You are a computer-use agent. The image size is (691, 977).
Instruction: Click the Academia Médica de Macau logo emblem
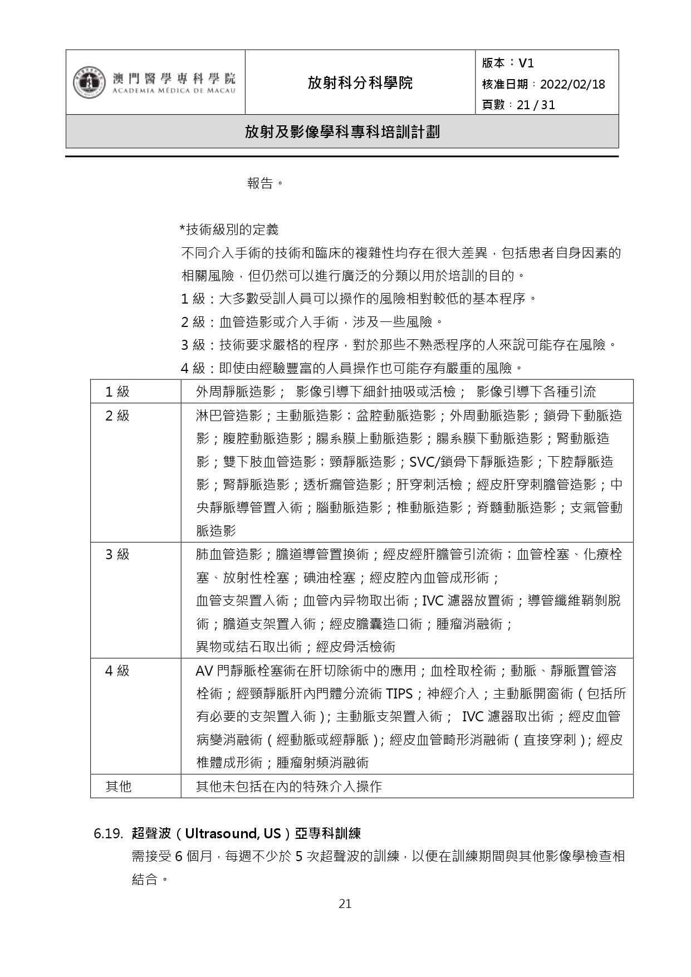click(89, 82)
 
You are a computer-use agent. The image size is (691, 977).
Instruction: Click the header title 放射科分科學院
click(360, 83)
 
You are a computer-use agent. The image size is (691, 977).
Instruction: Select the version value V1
click(526, 63)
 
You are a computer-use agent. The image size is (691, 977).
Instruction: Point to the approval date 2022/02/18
click(572, 84)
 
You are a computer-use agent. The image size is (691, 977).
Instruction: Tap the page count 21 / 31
click(536, 105)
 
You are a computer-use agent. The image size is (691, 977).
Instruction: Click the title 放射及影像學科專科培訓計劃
click(342, 131)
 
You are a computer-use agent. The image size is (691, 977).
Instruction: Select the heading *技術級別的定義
click(229, 229)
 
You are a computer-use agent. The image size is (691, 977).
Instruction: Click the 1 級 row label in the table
click(117, 392)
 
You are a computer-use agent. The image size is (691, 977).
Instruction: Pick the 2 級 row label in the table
click(117, 416)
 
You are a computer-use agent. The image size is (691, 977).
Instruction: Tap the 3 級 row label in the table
click(117, 554)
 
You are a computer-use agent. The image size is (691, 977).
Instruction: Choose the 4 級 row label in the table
click(117, 671)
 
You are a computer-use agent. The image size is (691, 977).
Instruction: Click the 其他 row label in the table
click(119, 787)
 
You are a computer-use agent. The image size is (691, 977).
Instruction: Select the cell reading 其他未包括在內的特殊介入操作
click(288, 787)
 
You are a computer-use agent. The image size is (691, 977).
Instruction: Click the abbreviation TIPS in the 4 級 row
click(399, 694)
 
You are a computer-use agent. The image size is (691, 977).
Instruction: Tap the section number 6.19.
click(108, 834)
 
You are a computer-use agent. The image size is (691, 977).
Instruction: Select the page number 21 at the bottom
click(345, 903)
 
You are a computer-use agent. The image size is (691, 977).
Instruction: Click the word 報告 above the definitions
click(261, 183)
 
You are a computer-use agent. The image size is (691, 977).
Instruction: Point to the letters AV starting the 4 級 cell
click(204, 671)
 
